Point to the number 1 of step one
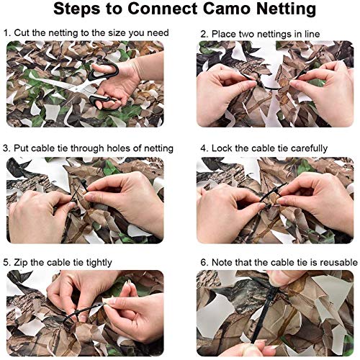[x=6, y=33]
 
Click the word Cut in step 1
[x=22, y=33]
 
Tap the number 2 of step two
[x=204, y=33]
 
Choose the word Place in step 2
[x=225, y=33]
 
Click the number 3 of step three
[x=6, y=148]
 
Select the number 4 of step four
[x=204, y=148]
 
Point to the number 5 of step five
[x=6, y=263]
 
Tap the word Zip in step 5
[x=22, y=263]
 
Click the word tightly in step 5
[x=94, y=263]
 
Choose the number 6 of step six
[x=204, y=263]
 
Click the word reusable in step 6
[x=333, y=263]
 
